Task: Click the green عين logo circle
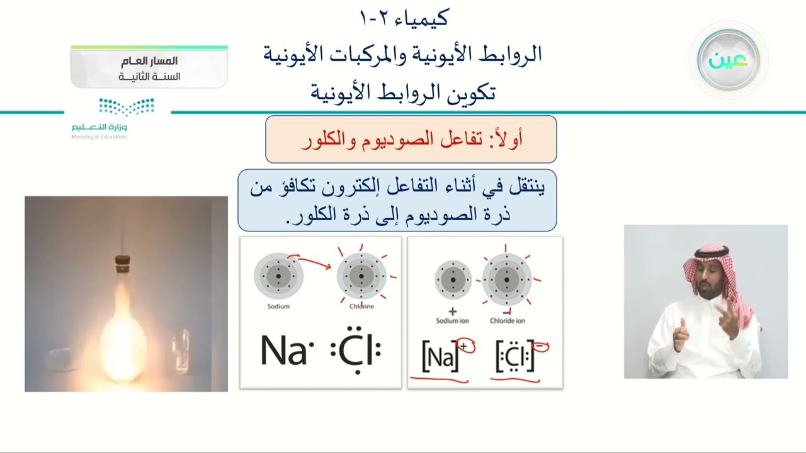(729, 60)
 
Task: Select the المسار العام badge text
(149, 62)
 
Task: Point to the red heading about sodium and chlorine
(411, 139)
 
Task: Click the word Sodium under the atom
(278, 306)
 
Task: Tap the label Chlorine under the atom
(361, 306)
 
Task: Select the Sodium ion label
(452, 321)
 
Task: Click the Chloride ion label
(508, 321)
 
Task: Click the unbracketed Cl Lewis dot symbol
(356, 352)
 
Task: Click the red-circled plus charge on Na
(466, 345)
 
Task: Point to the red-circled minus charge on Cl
(540, 345)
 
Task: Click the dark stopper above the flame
(122, 264)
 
